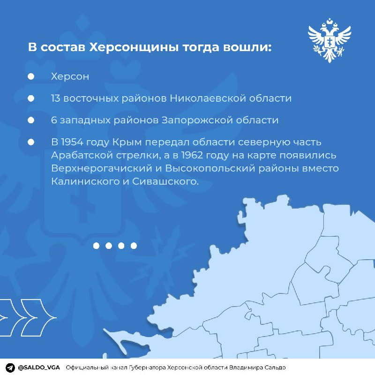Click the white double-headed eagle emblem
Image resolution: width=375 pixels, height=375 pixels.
click(x=330, y=40)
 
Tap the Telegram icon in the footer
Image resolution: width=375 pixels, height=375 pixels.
click(x=10, y=367)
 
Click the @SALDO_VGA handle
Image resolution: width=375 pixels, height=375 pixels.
click(x=39, y=367)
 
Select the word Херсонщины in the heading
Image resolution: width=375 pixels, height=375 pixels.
click(x=134, y=47)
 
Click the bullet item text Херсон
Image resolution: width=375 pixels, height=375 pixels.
click(x=70, y=76)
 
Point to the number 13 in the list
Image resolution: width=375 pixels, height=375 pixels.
click(x=56, y=98)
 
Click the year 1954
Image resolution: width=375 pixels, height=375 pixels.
click(x=72, y=142)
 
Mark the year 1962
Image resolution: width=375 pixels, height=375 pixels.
click(x=193, y=155)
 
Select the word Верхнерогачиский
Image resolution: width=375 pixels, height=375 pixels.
click(x=102, y=168)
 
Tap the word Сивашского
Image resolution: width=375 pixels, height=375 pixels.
click(x=165, y=181)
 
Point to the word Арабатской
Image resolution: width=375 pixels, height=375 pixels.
click(x=82, y=155)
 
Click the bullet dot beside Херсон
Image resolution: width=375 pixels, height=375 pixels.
click(x=31, y=76)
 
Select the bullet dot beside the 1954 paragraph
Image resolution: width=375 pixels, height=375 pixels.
click(x=31, y=142)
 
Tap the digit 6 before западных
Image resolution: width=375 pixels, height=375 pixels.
click(x=54, y=120)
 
